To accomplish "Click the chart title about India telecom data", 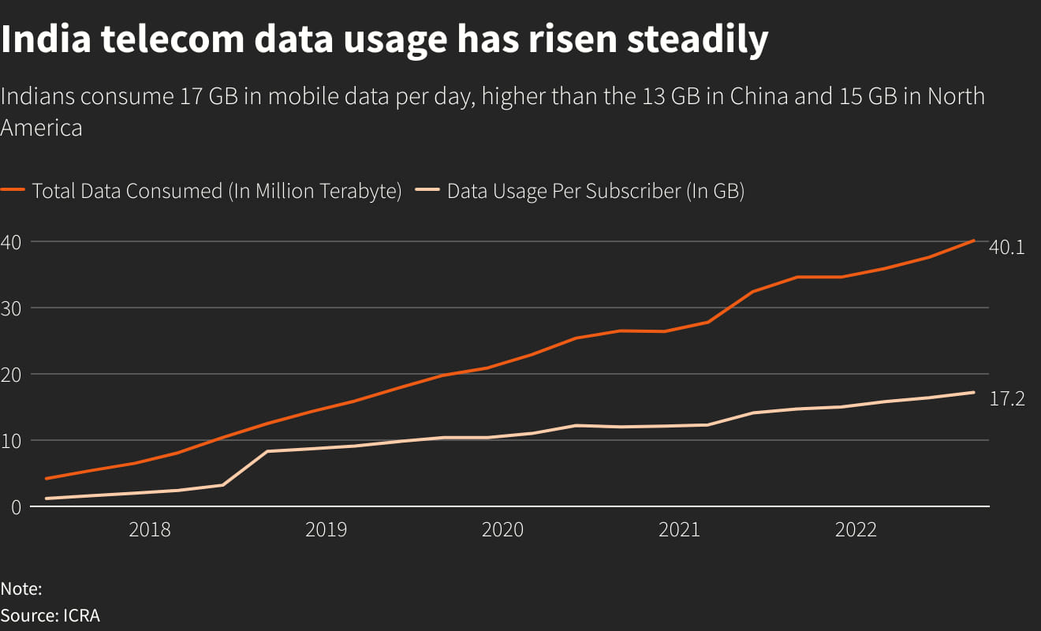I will [x=384, y=39].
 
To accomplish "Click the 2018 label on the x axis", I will [x=149, y=529].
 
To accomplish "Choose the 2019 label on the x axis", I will [x=326, y=529].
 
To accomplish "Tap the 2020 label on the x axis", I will [x=502, y=529].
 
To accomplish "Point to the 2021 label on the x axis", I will [x=679, y=529].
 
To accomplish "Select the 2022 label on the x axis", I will [x=856, y=529].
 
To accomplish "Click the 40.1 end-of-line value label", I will [x=1006, y=247].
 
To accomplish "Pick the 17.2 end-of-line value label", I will [x=1006, y=399].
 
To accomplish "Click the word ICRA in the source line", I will [x=81, y=616].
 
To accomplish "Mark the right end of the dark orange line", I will [x=974, y=241].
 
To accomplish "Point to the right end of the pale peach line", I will [x=974, y=392].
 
